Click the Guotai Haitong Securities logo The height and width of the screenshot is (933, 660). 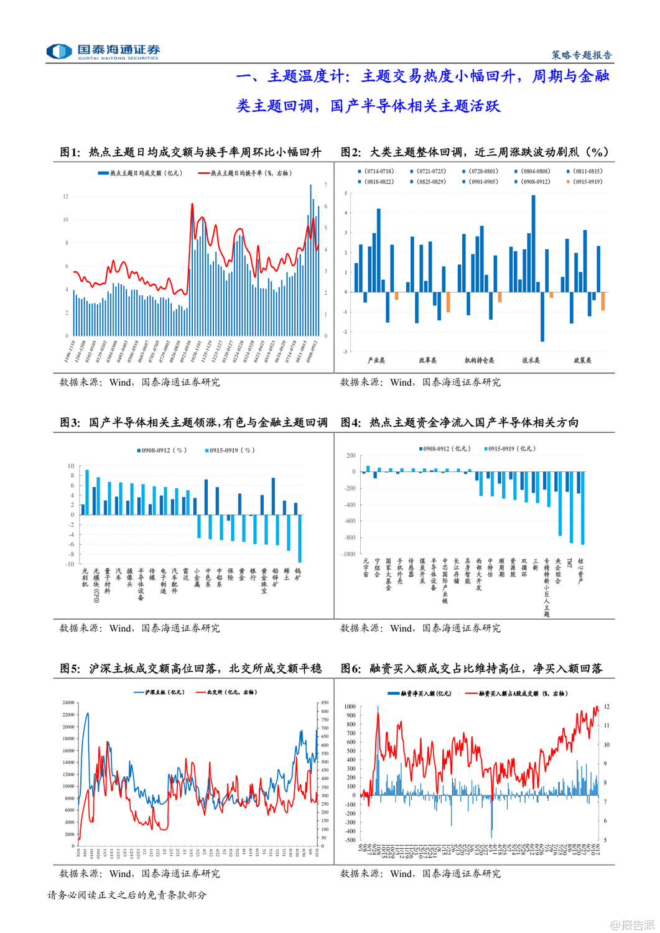tap(103, 51)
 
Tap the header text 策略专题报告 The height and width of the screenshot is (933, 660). tap(582, 55)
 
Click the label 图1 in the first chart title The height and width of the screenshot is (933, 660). tap(70, 152)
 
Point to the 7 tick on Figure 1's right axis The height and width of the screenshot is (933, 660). tap(326, 185)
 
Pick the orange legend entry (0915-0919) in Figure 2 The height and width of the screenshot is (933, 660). tap(584, 182)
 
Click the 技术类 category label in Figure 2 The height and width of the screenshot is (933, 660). tap(531, 360)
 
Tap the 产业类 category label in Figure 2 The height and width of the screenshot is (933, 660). tap(376, 360)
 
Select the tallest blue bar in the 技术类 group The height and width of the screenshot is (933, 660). tap(533, 243)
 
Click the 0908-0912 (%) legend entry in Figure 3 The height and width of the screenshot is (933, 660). tap(161, 450)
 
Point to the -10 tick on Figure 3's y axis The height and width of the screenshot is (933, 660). tap(70, 564)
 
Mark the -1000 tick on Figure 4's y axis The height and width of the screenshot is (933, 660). tap(347, 554)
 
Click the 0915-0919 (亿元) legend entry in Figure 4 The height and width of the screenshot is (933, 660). tap(509, 448)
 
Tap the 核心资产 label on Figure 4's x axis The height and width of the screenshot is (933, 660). tap(581, 571)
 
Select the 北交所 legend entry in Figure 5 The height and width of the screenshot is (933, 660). tap(226, 692)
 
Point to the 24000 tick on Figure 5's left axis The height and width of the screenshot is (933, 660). tap(68, 703)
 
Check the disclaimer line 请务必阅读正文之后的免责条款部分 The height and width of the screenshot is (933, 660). tap(127, 895)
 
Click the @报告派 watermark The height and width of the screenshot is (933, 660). tap(632, 925)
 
